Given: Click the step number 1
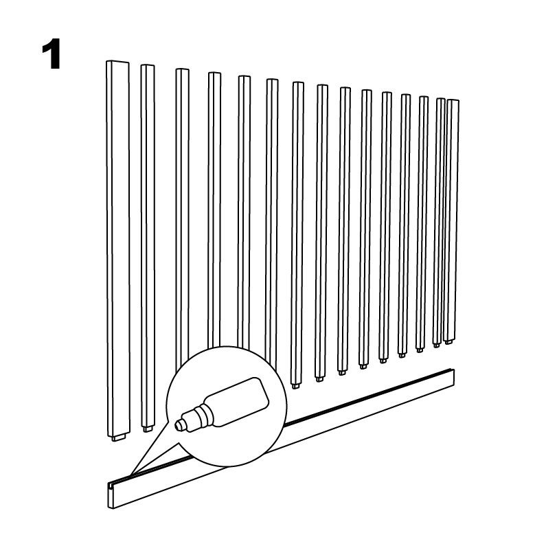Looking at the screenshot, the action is (52, 54).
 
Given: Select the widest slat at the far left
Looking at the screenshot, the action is (118, 250).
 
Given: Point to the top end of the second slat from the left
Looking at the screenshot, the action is (148, 66).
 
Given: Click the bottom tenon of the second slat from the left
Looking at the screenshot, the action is (148, 429).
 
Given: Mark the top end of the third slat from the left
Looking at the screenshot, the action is (183, 70).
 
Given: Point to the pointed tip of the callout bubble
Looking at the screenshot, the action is (130, 475).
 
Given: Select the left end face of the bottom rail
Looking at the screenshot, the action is (111, 495).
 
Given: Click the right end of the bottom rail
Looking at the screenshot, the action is (453, 378).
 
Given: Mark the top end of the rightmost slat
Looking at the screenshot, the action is (453, 101).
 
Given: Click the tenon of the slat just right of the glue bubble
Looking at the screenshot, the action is (295, 386).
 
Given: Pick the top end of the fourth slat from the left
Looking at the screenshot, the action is (214, 73).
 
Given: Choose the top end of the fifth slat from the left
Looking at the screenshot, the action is (244, 78).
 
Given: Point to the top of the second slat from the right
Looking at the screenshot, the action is (441, 100).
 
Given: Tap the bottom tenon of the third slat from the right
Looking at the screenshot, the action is (420, 348).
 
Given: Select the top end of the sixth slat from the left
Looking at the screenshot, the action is (272, 80).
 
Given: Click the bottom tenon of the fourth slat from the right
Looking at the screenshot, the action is (402, 355).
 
